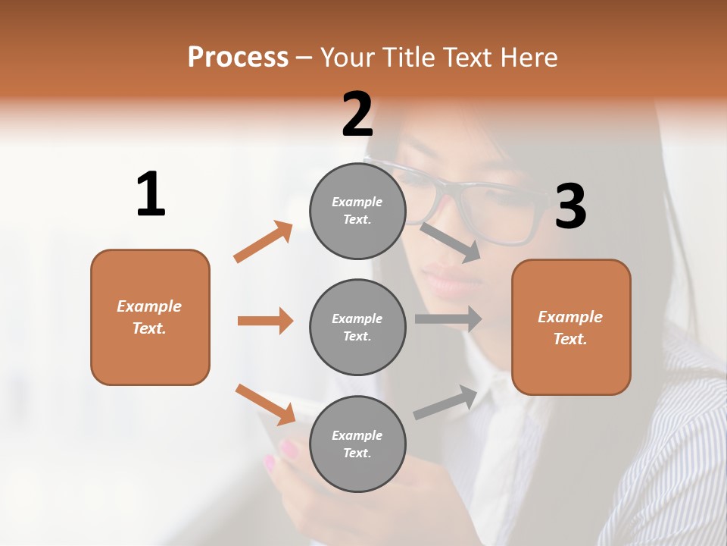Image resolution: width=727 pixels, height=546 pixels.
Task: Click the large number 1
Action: tap(151, 195)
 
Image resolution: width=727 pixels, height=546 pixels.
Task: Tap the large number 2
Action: tap(357, 115)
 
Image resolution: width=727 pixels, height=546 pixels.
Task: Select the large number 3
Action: tap(570, 206)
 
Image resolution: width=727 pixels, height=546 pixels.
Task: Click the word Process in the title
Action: tap(238, 57)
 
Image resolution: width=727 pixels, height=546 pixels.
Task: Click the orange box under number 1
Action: tap(150, 317)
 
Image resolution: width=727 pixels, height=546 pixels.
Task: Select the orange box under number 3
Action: tap(571, 327)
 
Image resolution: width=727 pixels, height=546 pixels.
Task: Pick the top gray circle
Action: tap(357, 211)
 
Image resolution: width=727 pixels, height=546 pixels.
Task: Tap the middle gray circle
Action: tap(357, 327)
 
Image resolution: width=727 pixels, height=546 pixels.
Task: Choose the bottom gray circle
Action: tap(357, 444)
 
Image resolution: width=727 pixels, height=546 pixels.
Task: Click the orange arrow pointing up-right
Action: tap(264, 242)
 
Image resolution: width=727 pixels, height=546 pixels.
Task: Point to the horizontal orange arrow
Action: tap(265, 321)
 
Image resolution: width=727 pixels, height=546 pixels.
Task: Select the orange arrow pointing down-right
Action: tap(266, 404)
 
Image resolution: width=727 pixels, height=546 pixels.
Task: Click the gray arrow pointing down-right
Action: tap(451, 243)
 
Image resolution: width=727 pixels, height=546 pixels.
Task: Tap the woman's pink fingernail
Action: tap(289, 449)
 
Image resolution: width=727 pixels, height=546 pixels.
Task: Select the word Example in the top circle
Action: tap(357, 202)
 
